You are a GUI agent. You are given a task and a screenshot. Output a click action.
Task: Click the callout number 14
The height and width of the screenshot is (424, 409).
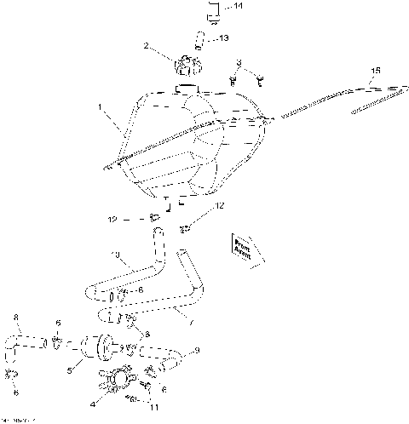(x=238, y=7)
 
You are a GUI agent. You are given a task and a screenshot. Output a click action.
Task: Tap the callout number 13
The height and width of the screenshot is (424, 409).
(x=223, y=37)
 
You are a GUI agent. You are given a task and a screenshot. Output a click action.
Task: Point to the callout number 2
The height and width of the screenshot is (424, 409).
(x=147, y=45)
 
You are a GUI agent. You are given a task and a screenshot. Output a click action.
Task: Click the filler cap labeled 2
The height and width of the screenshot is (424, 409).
(x=185, y=66)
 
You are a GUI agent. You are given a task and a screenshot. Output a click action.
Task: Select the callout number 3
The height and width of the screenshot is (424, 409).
(x=240, y=62)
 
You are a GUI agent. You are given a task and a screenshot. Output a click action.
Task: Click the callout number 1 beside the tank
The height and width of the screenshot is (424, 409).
(x=101, y=109)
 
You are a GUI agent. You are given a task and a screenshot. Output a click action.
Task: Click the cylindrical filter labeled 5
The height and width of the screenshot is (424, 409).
(x=95, y=347)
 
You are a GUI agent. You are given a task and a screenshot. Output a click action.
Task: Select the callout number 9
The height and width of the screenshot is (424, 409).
(x=198, y=350)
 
